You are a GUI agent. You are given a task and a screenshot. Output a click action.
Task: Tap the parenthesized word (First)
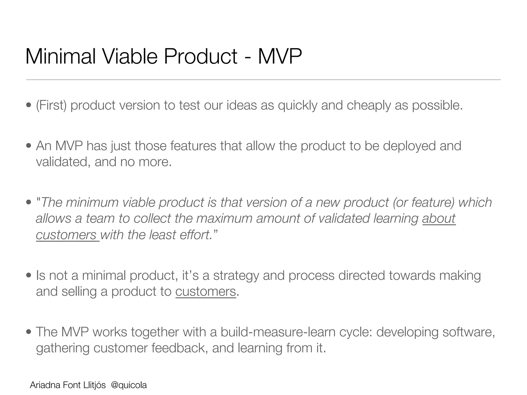pyautogui.click(x=51, y=105)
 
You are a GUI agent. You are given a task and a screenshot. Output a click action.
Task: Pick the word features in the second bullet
pyautogui.click(x=193, y=146)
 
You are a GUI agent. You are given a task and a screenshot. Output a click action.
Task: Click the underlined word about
pyautogui.click(x=439, y=218)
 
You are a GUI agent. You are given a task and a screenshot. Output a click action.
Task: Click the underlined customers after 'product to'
pyautogui.click(x=206, y=292)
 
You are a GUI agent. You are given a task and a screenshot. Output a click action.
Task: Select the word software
pyautogui.click(x=468, y=332)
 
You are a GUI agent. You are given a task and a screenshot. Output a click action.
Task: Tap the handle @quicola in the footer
pyautogui.click(x=129, y=385)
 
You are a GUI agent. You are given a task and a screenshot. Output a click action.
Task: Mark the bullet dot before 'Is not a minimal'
pyautogui.click(x=29, y=276)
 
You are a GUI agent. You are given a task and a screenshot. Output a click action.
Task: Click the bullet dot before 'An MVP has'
pyautogui.click(x=29, y=146)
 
